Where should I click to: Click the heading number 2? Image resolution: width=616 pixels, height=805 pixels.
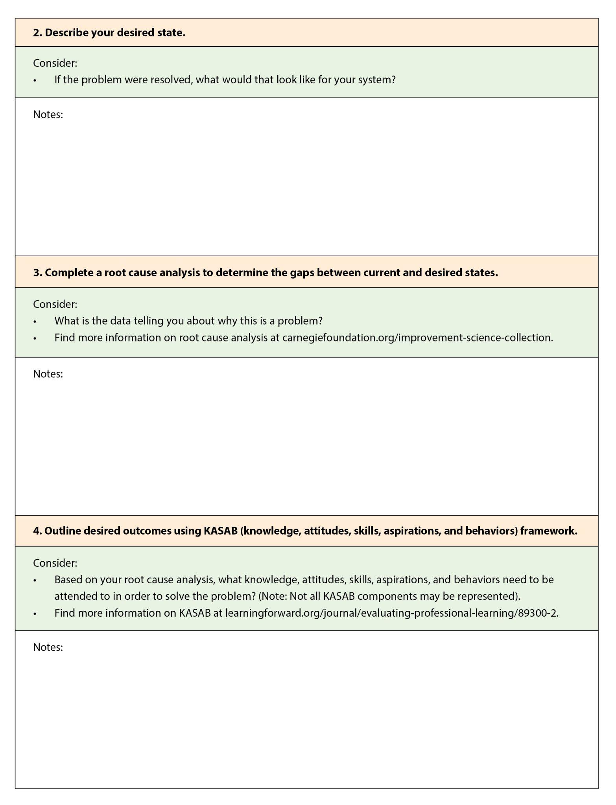[37, 33]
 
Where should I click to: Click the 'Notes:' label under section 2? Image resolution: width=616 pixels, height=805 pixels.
[48, 114]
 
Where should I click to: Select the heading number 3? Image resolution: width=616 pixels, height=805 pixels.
[37, 272]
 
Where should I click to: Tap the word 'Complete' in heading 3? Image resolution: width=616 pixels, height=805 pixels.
[68, 272]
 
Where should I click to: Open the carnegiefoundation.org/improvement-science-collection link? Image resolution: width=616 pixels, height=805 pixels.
[417, 338]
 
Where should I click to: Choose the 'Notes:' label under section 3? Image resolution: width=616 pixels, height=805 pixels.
[48, 374]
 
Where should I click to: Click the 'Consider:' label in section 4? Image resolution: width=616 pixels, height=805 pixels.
[55, 563]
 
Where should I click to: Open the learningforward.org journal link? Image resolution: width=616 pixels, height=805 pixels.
[392, 613]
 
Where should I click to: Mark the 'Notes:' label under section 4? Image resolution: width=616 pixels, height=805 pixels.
[48, 647]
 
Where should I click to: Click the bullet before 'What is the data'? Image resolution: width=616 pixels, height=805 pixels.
[35, 322]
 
